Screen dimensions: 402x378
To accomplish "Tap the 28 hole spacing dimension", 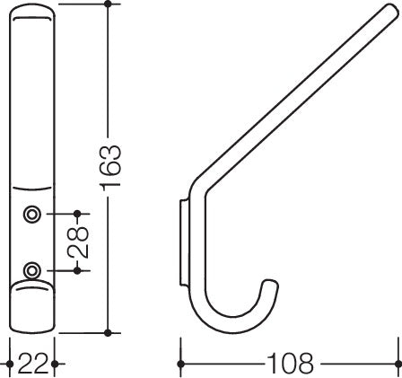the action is pos(78,242).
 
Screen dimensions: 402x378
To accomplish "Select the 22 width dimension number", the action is pos(32,364).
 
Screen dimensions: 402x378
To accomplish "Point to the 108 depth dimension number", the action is pos(290,364).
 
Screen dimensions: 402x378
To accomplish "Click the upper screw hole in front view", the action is pos(31,215).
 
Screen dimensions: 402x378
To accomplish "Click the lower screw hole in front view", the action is pos(31,270).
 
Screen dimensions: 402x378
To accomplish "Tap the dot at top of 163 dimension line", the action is pos(108,4).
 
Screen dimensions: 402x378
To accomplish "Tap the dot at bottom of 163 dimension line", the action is pos(108,332).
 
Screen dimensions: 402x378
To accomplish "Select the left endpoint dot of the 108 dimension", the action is pos(180,364).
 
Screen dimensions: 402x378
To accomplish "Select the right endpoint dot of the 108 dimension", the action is pos(398,364).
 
